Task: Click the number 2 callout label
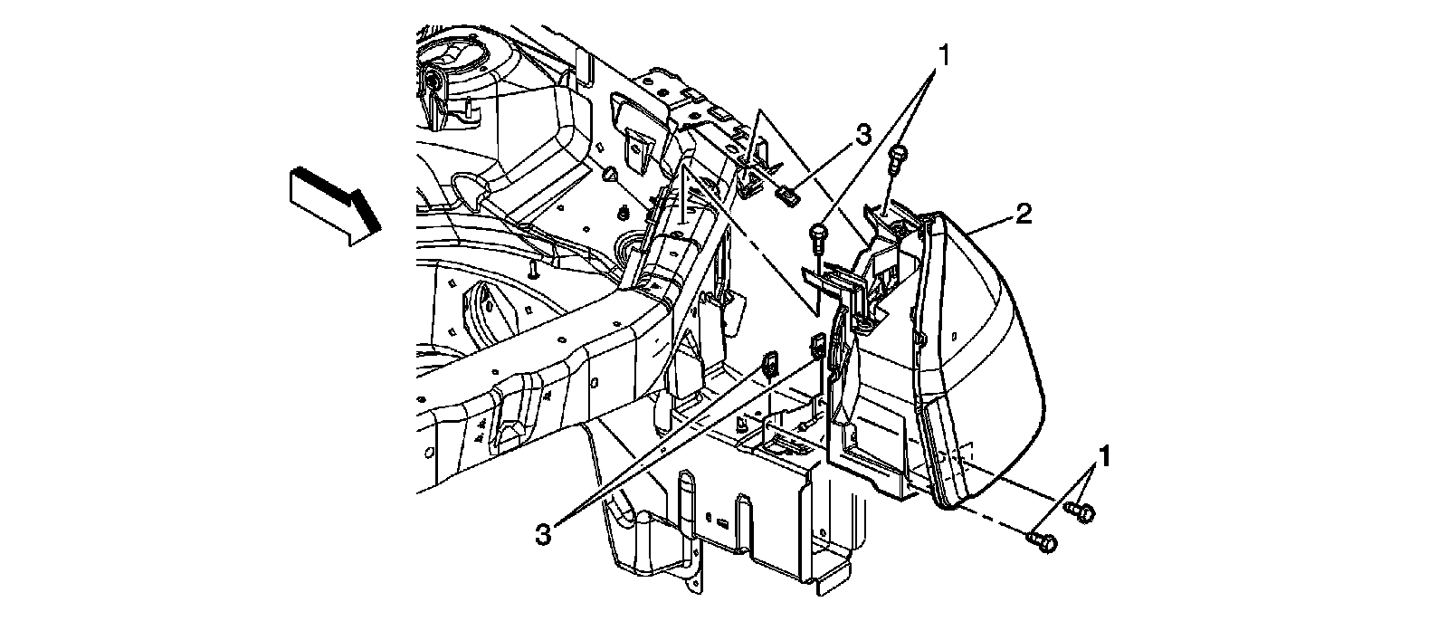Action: tap(1023, 215)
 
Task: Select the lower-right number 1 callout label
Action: tap(1103, 454)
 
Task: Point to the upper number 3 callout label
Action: tap(862, 135)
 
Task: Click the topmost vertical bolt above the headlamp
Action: tap(899, 158)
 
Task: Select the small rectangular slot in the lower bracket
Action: tap(723, 523)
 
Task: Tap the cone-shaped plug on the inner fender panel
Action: tap(611, 175)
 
